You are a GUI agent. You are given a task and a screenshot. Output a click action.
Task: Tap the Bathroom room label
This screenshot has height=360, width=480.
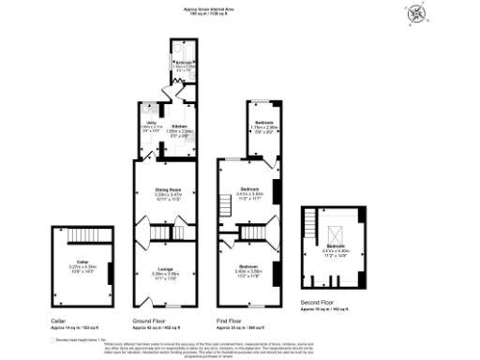point(182,64)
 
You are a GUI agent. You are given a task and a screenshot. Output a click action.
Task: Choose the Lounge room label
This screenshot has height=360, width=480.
point(166,270)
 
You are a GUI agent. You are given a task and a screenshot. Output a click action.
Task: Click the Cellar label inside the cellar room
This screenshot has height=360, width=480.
point(82,262)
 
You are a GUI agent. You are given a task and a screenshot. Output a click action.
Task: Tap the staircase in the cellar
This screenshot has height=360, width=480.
point(81,233)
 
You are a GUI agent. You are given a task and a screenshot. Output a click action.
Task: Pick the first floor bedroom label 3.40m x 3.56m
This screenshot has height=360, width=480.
point(248,271)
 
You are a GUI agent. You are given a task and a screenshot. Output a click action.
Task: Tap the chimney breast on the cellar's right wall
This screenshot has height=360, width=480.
point(110,273)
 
